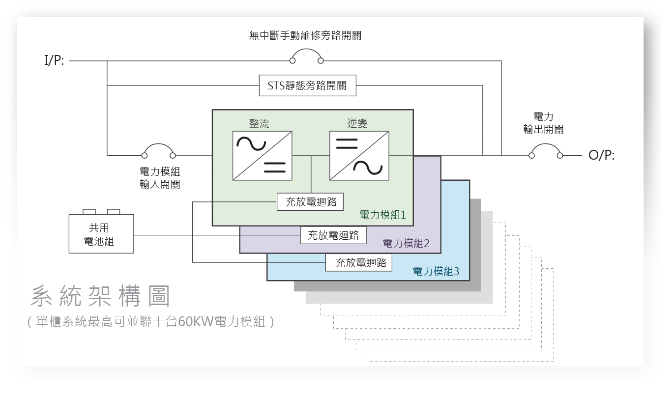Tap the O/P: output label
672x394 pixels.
tap(601, 156)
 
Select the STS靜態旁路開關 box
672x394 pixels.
tap(308, 86)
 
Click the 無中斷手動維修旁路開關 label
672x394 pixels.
tap(305, 36)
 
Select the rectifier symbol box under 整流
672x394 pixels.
tap(262, 155)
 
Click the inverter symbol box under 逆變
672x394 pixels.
tap(359, 155)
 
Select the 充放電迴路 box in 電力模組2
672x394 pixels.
tap(333, 235)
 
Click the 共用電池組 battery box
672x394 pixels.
tap(101, 234)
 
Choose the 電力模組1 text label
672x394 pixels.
tap(383, 215)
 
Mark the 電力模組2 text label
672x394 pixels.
tap(406, 243)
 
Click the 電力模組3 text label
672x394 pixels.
tap(436, 271)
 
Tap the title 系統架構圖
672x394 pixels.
tap(101, 296)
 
